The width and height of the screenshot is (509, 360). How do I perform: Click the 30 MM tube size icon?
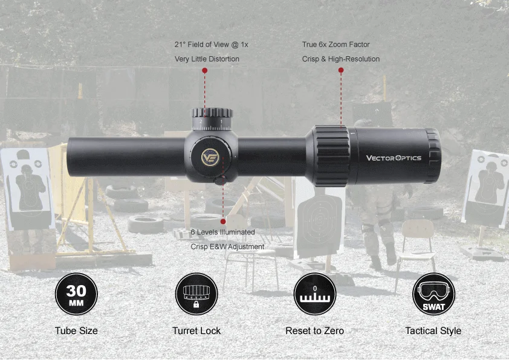coord(76,294)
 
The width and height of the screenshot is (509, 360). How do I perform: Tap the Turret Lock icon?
coord(196,294)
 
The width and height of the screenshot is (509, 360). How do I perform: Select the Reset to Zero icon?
coord(314,294)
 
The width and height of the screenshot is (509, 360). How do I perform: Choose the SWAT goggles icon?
coord(433,294)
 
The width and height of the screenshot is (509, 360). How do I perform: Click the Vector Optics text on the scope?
coord(394,158)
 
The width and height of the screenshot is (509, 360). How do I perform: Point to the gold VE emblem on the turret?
coord(210,158)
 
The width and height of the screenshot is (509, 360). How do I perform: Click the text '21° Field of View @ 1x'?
coord(212,45)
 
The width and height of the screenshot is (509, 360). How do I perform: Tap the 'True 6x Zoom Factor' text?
coord(336,45)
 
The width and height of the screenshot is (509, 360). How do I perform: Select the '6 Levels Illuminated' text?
coord(222,232)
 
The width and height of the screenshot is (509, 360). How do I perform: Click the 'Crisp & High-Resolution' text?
coord(341,59)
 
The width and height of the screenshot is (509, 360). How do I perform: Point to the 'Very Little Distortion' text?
coord(207,59)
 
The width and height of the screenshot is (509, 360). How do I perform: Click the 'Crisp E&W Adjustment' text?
coord(227,246)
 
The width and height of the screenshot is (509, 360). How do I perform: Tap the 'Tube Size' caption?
coord(76,330)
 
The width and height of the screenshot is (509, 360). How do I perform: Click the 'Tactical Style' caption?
coord(433,330)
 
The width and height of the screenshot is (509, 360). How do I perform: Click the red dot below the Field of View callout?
coord(205,71)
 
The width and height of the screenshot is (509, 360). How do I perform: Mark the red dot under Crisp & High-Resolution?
coord(341,71)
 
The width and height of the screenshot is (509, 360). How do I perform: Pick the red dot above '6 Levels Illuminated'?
coord(223,221)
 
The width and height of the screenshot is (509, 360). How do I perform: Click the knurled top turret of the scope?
coord(213,114)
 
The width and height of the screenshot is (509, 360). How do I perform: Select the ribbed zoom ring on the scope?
coord(332,155)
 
